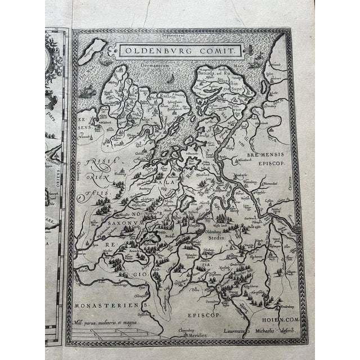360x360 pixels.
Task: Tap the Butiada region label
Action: [x=206, y=72]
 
